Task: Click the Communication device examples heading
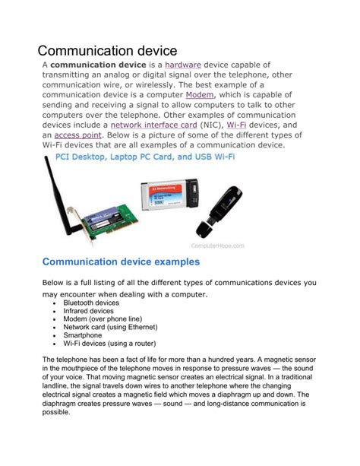[121, 262]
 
